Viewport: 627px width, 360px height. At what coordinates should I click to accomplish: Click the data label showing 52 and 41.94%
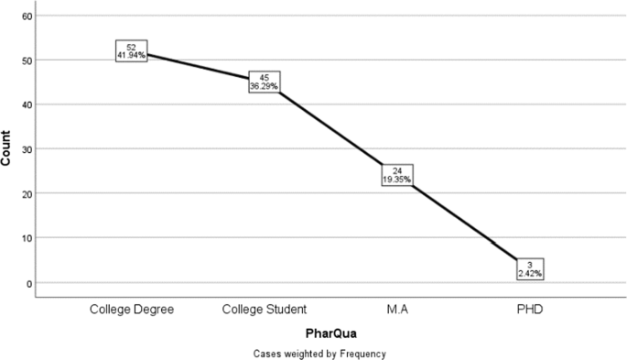click(132, 51)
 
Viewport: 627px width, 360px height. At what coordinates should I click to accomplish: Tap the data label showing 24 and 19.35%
click(396, 174)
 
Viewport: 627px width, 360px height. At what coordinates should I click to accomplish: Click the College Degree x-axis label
click(132, 310)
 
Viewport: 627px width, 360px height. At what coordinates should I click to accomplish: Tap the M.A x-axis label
click(396, 310)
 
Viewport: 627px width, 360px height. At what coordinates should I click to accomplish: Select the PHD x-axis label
click(529, 310)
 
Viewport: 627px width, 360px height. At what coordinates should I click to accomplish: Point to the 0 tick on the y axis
click(29, 283)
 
